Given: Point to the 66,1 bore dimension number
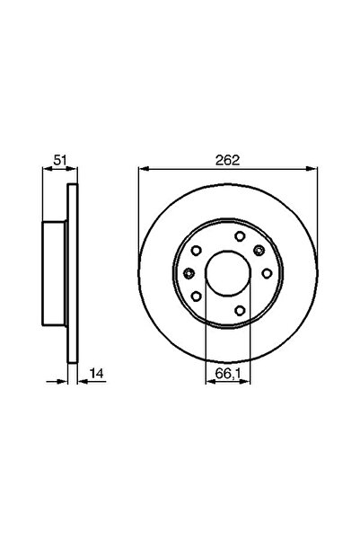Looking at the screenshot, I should click(227, 368).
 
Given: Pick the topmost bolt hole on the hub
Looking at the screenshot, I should click(240, 236).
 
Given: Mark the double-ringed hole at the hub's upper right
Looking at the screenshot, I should click(259, 252).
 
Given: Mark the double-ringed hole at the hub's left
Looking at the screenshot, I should click(189, 273).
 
